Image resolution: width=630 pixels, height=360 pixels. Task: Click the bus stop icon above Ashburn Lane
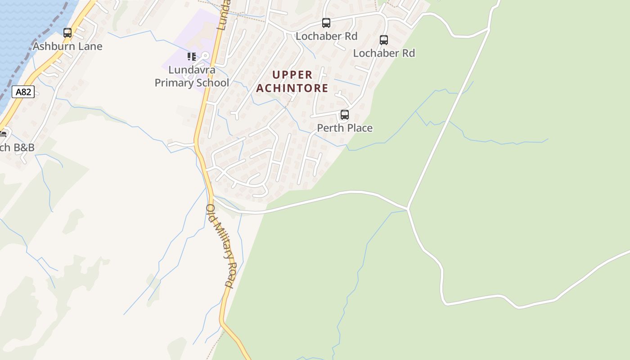coord(67,32)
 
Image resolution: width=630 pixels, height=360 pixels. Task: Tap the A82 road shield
coord(23,92)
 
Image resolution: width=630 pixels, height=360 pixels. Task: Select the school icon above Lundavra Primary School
coord(192,57)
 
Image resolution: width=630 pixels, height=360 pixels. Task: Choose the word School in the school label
coord(213,83)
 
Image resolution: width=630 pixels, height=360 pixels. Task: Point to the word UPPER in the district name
coord(292,75)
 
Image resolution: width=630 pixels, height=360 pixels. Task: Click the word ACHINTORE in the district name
coord(292,88)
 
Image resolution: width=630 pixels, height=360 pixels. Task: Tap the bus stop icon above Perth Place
coord(345,115)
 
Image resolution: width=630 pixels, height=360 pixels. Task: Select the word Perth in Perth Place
coord(330,128)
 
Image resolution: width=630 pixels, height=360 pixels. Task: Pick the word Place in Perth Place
coord(359,128)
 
